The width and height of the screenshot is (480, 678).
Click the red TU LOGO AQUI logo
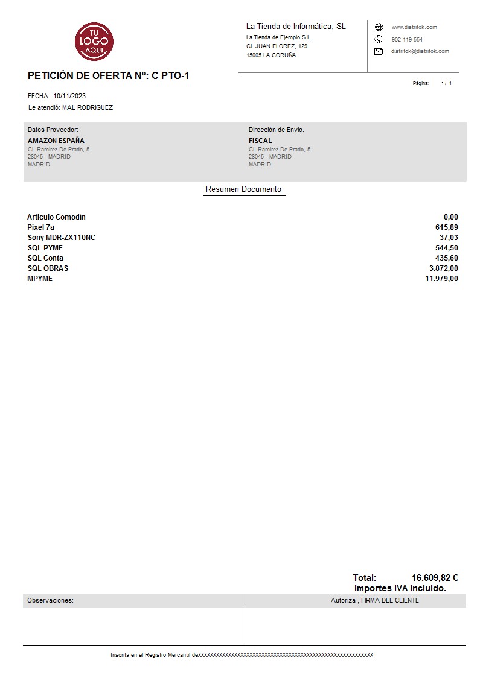[x=94, y=40]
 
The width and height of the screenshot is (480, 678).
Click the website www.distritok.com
[x=414, y=27]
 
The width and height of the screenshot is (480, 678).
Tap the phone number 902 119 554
[x=407, y=39]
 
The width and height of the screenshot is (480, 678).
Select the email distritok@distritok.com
[x=420, y=51]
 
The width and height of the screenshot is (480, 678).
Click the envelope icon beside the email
[x=379, y=51]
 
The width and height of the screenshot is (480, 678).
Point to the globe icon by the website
[x=379, y=27]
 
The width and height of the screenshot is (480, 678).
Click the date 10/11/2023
[x=69, y=96]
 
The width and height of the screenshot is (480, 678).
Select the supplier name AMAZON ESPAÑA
[x=56, y=141]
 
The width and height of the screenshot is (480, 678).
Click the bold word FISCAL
[x=260, y=141]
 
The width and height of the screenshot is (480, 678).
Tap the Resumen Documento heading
[x=243, y=189]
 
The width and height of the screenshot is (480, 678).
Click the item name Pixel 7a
[x=40, y=227]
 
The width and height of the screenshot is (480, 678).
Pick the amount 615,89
[x=446, y=227]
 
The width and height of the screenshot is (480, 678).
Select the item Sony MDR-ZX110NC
[x=61, y=238]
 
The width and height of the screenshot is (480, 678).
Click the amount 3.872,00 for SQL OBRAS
[x=443, y=268]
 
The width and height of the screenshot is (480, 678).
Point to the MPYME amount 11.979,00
[x=441, y=279]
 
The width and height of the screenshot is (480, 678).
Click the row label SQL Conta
[x=45, y=258]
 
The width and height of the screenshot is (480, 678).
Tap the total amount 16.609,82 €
[x=434, y=578]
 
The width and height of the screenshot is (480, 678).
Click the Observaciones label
[x=50, y=600]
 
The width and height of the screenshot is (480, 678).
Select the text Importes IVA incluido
[x=400, y=588]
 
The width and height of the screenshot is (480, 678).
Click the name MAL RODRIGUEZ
[x=88, y=108]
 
